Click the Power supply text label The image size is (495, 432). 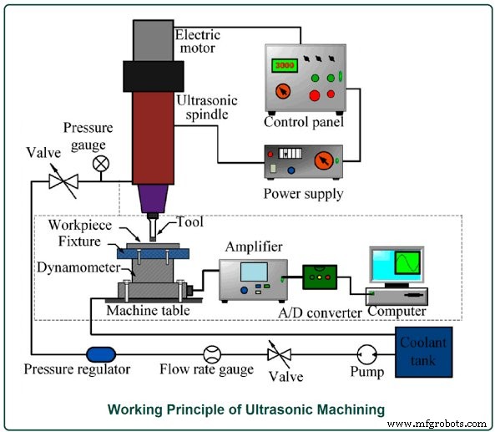[x=301, y=194]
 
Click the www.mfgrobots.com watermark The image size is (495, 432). [x=437, y=423]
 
